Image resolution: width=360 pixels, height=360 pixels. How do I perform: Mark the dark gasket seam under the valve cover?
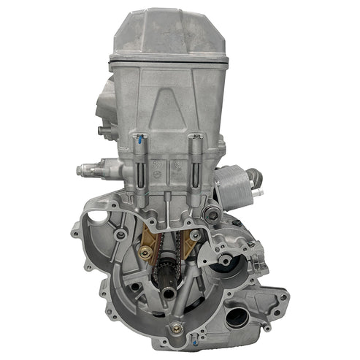[x=168, y=59]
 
